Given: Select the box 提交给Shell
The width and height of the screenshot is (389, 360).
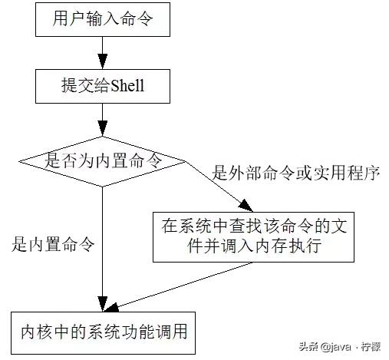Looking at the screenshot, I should [101, 88].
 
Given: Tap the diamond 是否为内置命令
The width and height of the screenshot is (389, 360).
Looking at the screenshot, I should [102, 160].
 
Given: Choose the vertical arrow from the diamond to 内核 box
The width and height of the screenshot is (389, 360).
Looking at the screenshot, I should [102, 246].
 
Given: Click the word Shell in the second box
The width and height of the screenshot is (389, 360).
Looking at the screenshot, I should [127, 88].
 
